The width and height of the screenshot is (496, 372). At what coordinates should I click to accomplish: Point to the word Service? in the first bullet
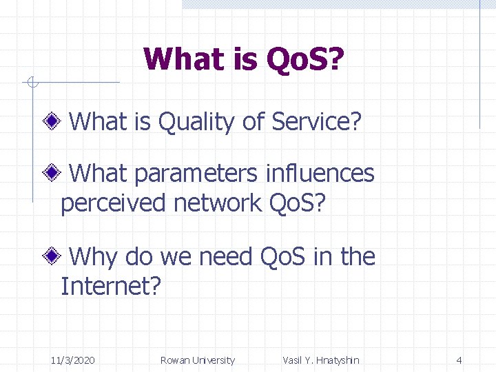[x=317, y=122]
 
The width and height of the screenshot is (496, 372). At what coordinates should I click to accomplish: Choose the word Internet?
[x=111, y=286]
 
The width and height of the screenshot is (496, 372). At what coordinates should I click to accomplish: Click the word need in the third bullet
[x=227, y=257]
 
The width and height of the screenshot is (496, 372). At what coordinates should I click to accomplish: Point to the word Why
[x=95, y=257]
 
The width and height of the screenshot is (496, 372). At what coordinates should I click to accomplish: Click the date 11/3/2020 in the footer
[x=73, y=360]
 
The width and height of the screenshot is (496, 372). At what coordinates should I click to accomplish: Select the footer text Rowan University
[x=197, y=360]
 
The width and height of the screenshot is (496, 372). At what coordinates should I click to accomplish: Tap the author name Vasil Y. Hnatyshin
[x=321, y=360]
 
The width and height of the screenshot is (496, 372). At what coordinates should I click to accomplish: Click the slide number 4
[x=459, y=360]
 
